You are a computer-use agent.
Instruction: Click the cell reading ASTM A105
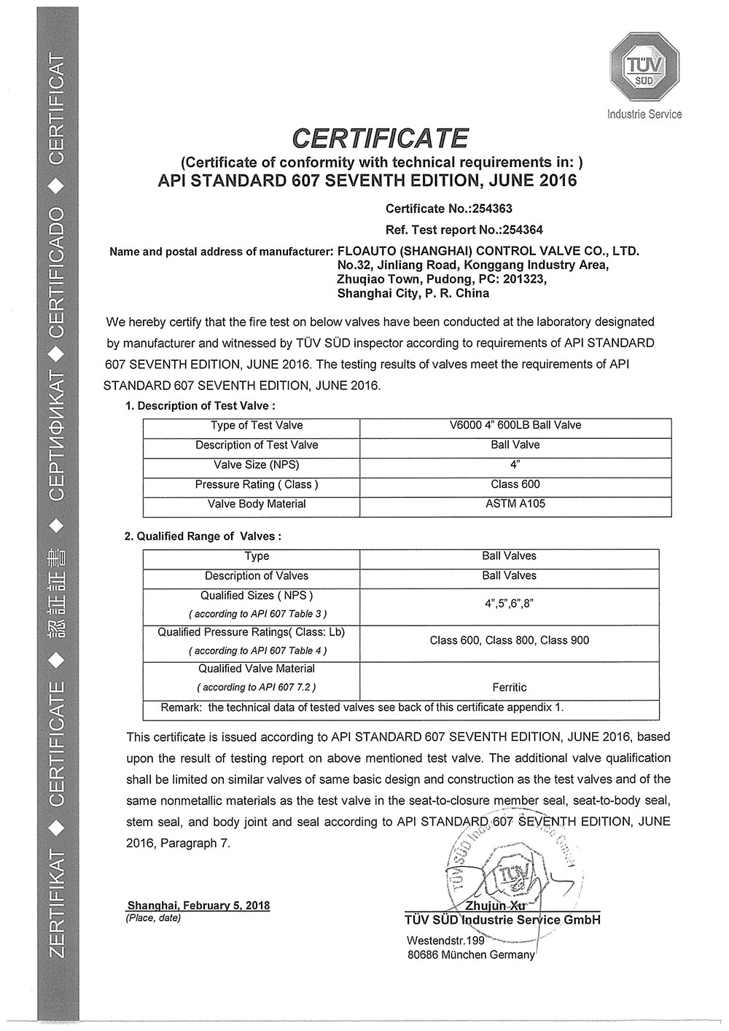[x=515, y=504]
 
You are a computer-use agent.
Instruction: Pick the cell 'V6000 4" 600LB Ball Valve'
[x=515, y=425]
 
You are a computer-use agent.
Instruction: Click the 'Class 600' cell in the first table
[x=515, y=484]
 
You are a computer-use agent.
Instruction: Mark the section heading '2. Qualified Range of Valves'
[x=202, y=536]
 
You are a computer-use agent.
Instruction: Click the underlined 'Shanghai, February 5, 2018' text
[x=198, y=906]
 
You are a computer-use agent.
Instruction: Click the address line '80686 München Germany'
[x=471, y=955]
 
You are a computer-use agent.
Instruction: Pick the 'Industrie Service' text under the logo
[x=644, y=114]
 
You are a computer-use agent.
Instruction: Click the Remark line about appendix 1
[x=362, y=707]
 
